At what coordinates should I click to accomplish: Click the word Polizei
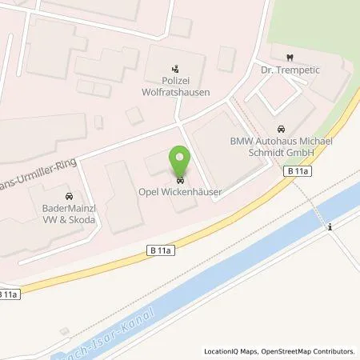178,80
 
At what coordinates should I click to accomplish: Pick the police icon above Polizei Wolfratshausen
178,67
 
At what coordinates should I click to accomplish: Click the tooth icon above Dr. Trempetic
289,57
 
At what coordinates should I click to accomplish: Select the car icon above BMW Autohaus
280,129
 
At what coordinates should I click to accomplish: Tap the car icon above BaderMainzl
67,195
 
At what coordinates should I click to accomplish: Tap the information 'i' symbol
330,228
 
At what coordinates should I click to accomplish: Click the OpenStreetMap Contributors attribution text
307,351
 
